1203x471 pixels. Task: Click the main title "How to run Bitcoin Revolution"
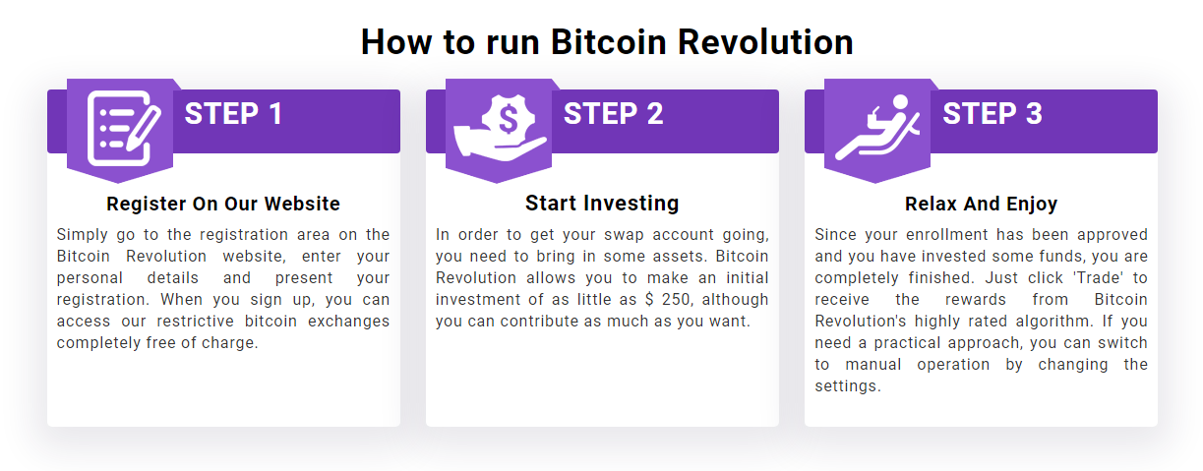606,42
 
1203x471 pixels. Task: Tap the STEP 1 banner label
233,114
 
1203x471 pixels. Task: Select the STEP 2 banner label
613,114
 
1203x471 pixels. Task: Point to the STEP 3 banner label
992,114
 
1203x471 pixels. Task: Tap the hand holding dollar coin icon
499,129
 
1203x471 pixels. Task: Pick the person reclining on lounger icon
876,129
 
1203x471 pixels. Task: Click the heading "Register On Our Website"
223,205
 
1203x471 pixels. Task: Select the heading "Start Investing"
602,204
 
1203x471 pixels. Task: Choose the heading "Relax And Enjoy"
981,205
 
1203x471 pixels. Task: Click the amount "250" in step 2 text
677,300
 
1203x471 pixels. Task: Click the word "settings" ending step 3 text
845,386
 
